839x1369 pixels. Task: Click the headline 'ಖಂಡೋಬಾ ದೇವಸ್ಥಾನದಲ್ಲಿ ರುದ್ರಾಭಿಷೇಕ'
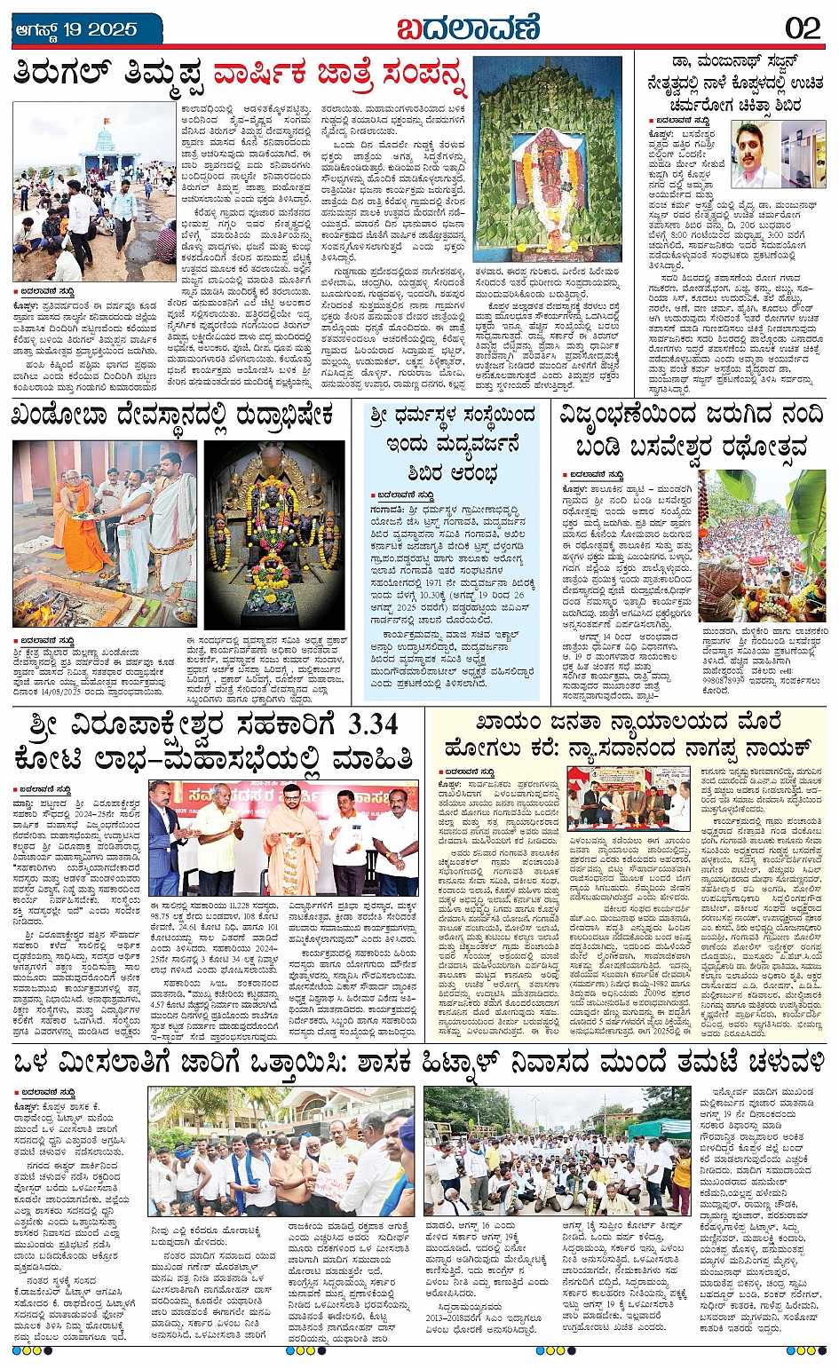coord(173,415)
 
